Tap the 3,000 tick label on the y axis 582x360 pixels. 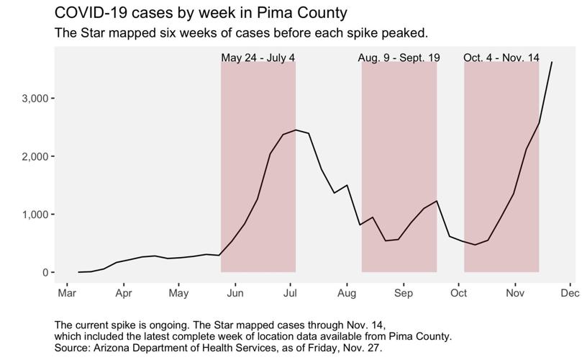coord(34,98)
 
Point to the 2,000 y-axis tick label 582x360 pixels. coord(34,156)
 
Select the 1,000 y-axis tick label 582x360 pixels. coord(34,215)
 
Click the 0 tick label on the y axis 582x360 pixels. coord(45,273)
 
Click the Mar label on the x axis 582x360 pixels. coord(67,293)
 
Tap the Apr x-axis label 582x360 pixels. coord(123,293)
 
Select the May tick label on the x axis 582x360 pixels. coord(178,293)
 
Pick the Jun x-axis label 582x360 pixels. coord(235,293)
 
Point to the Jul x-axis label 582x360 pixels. coord(290,293)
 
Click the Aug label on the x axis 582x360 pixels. coord(347,293)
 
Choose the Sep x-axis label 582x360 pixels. coord(403,293)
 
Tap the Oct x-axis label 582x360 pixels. coord(458,293)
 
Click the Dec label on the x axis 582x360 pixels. coord(570,293)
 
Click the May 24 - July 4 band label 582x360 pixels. coord(258,58)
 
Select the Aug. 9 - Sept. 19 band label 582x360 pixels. coord(399,58)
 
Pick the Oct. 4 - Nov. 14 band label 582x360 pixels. coord(501,58)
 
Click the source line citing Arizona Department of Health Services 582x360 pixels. coord(213,346)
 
